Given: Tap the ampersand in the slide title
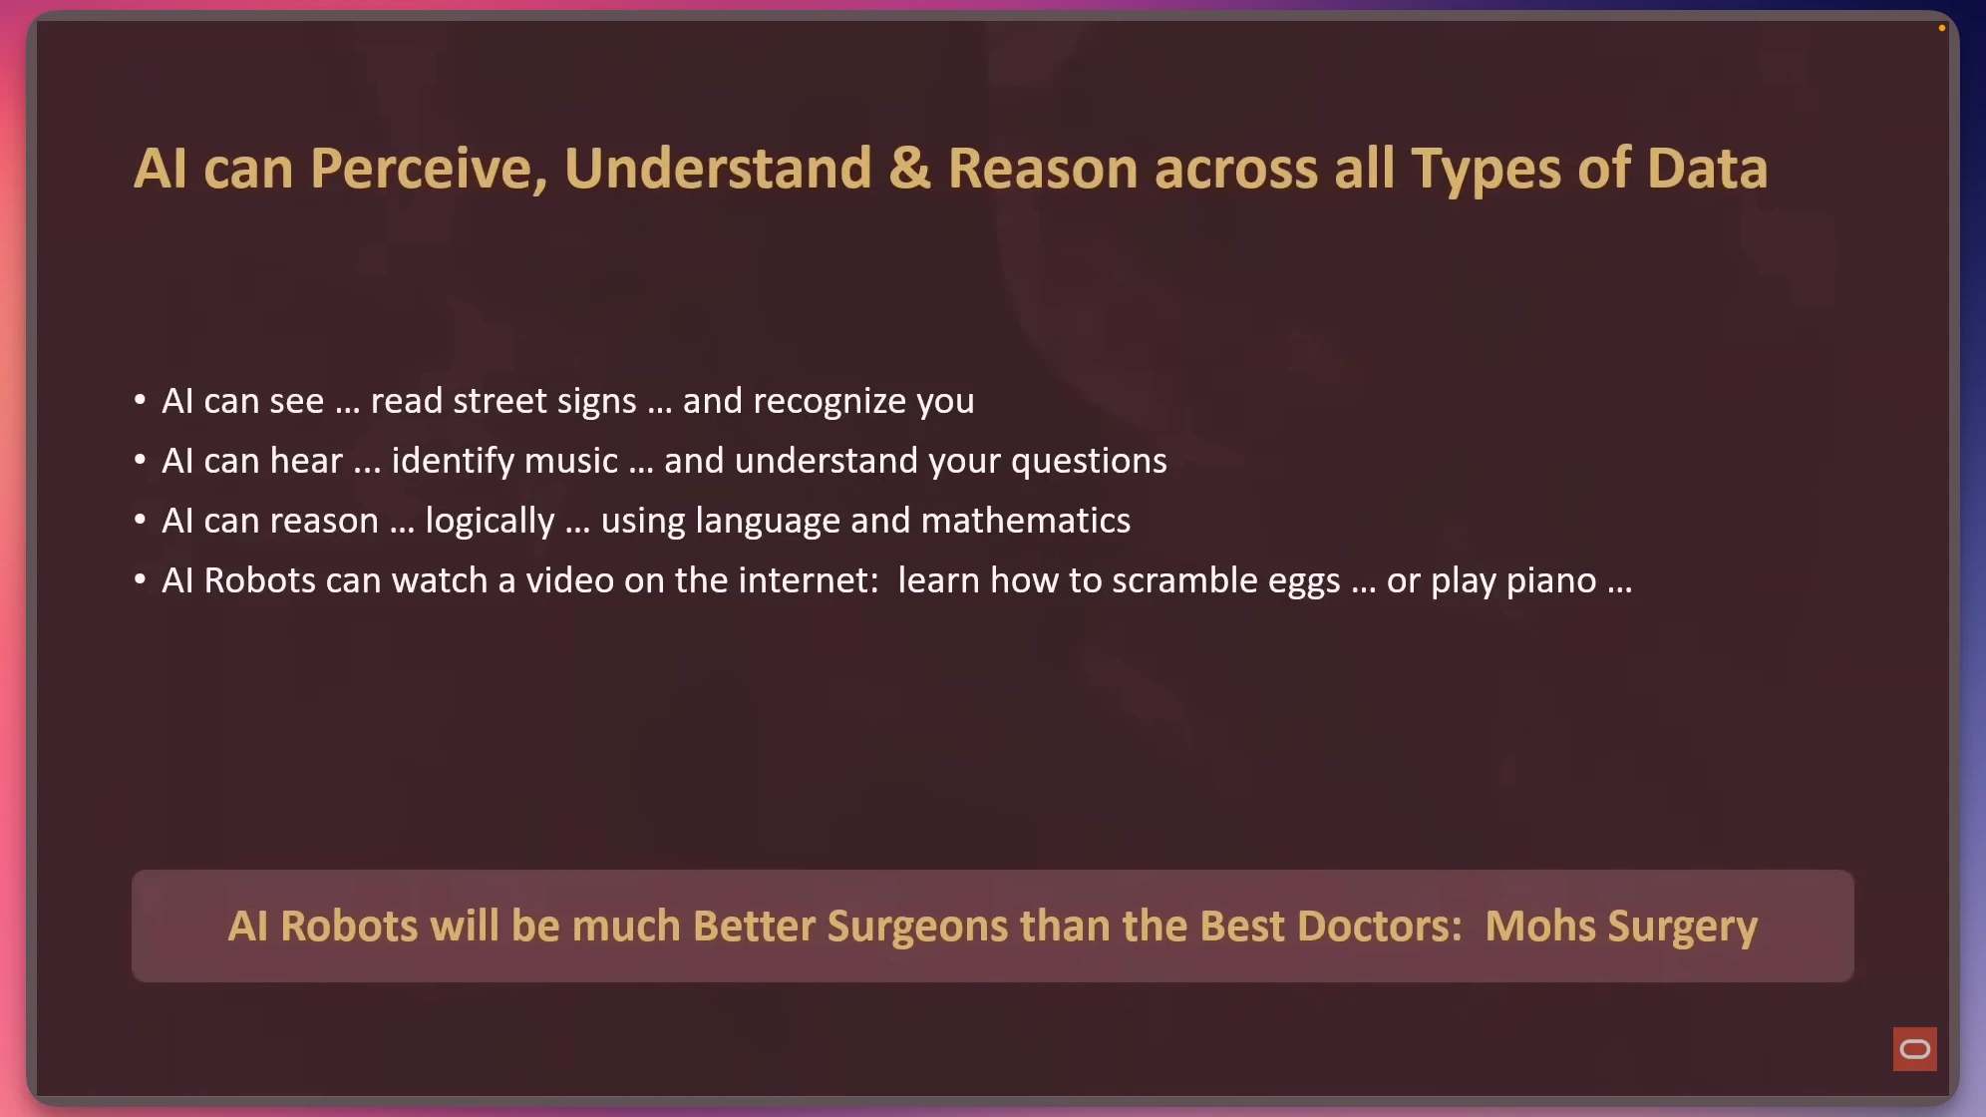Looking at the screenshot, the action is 909,168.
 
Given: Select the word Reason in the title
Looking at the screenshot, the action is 1043,168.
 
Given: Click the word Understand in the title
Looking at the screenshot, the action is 718,168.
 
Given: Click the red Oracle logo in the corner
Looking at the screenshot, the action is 1914,1049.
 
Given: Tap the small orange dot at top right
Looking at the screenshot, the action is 1942,28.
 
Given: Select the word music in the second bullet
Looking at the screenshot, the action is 571,461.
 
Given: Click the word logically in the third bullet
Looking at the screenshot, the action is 490,522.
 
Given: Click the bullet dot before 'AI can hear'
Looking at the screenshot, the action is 140,460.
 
